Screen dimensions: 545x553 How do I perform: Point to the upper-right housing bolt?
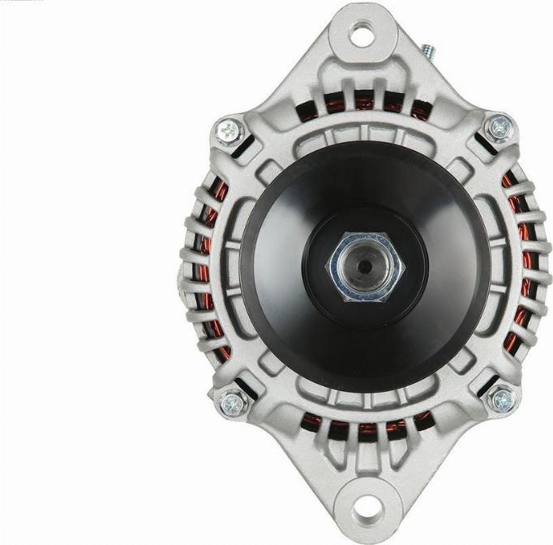point(498,127)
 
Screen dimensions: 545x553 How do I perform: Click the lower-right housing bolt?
point(502,399)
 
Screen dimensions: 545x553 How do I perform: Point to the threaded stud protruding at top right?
point(429,53)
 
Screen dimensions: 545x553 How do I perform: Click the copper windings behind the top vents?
point(365,104)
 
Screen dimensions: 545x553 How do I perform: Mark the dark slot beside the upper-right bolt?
point(483,146)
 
